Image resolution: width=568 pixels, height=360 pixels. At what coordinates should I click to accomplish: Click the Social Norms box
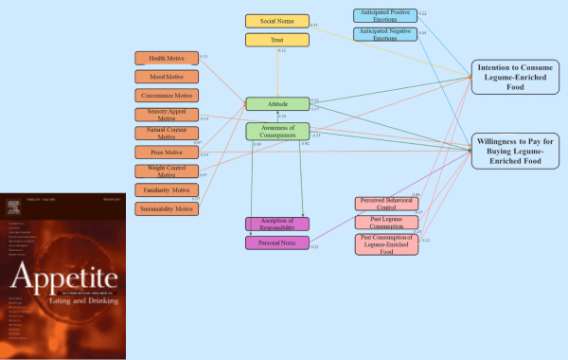coord(276,21)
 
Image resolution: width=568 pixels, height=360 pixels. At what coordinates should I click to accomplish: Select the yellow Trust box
coord(276,40)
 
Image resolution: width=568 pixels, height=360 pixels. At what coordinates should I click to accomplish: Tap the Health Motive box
coord(167,59)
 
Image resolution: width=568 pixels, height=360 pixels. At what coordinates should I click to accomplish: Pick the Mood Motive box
coord(167,77)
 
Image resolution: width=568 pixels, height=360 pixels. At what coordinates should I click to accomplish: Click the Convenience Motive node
coord(167,96)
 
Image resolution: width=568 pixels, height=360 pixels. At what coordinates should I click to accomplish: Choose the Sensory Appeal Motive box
coord(167,115)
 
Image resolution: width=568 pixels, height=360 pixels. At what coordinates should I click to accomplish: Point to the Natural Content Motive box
coord(167,134)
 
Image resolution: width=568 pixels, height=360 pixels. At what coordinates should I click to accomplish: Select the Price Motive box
coord(167,153)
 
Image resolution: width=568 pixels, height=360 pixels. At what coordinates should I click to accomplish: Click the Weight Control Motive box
coord(167,171)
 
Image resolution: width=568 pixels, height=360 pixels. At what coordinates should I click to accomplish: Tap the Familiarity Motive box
coord(167,190)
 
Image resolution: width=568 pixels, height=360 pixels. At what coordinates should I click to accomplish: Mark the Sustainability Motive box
coord(167,208)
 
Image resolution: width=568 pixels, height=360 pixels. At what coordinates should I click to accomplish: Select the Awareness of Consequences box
coord(277,132)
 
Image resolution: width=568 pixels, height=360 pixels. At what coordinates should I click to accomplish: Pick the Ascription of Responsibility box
coord(277,225)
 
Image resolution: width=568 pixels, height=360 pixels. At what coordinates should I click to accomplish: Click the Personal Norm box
coord(277,243)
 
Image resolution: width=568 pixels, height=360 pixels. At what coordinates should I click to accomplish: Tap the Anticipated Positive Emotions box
coord(385,15)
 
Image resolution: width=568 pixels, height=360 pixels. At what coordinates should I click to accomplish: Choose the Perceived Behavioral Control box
coord(386,204)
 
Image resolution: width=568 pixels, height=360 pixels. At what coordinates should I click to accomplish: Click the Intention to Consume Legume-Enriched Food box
coord(517,76)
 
